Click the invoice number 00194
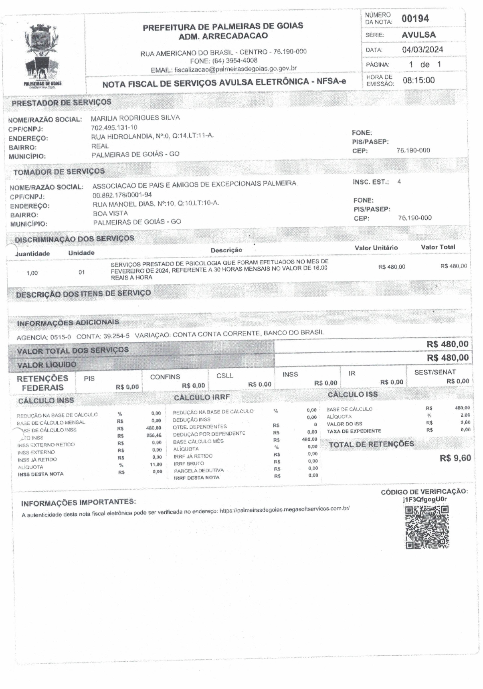pyautogui.click(x=415, y=18)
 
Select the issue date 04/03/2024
pyautogui.click(x=422, y=50)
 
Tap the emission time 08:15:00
pyautogui.click(x=418, y=80)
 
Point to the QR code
pyautogui.click(x=427, y=527)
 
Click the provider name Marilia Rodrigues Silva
pyautogui.click(x=135, y=118)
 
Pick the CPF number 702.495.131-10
pyautogui.click(x=114, y=127)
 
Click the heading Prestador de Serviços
pyautogui.click(x=61, y=102)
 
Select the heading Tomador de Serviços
pyautogui.click(x=59, y=172)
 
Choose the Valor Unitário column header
pyautogui.click(x=376, y=248)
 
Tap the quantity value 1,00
pyautogui.click(x=32, y=273)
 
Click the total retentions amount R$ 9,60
pyautogui.click(x=455, y=458)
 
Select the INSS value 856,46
pyautogui.click(x=154, y=435)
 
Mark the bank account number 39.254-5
pyautogui.click(x=116, y=336)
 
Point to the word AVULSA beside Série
pyautogui.click(x=418, y=34)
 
